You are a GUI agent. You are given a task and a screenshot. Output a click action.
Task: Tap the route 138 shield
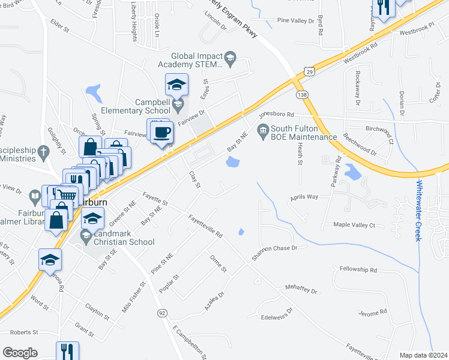point(301,95)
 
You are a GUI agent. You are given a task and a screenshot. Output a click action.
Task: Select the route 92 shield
point(162,313)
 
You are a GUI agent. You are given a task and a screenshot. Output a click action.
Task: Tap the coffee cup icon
point(160,133)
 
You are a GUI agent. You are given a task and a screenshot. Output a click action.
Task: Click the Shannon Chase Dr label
point(275,248)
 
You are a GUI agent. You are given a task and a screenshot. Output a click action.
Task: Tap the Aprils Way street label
point(304,196)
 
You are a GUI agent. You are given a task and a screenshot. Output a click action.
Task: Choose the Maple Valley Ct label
point(354,225)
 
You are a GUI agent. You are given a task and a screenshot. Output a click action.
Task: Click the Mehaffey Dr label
point(301,290)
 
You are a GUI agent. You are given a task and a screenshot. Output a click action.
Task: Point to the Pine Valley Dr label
point(295,20)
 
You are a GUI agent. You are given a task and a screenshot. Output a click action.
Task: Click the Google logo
point(20,352)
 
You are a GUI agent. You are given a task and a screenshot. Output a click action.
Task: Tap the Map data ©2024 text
point(423,355)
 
